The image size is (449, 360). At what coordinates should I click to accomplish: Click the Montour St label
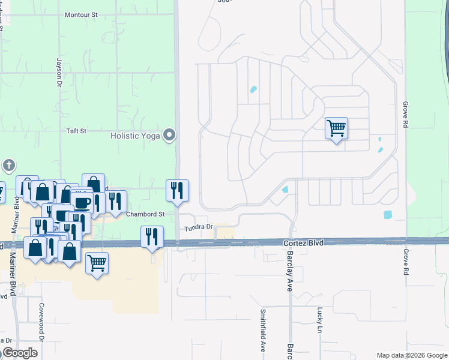pos(81,14)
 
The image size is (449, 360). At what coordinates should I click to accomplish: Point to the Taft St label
pos(76,130)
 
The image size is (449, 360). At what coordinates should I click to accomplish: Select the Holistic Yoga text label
pos(135,136)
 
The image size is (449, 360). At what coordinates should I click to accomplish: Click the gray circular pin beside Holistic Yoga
pos(170,135)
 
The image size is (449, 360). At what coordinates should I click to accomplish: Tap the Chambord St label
pos(145,214)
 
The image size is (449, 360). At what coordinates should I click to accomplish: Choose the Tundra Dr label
pos(199,227)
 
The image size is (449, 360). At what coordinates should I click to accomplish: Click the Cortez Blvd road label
pos(303,243)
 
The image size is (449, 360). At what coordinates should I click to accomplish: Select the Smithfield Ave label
pos(262,331)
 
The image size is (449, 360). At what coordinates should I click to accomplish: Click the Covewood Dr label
pos(42,322)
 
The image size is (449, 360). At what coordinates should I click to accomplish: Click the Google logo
pos(20,353)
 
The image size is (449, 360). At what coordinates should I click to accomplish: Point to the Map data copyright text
pos(411,355)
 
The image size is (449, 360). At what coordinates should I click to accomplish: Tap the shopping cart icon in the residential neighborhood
pos(336,128)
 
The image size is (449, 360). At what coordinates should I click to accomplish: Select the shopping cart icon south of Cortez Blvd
pos(97,262)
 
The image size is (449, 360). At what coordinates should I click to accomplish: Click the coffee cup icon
pos(82,202)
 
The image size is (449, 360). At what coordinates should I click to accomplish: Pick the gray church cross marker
pos(8,165)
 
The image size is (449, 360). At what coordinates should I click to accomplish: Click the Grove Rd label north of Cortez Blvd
pos(405,113)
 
